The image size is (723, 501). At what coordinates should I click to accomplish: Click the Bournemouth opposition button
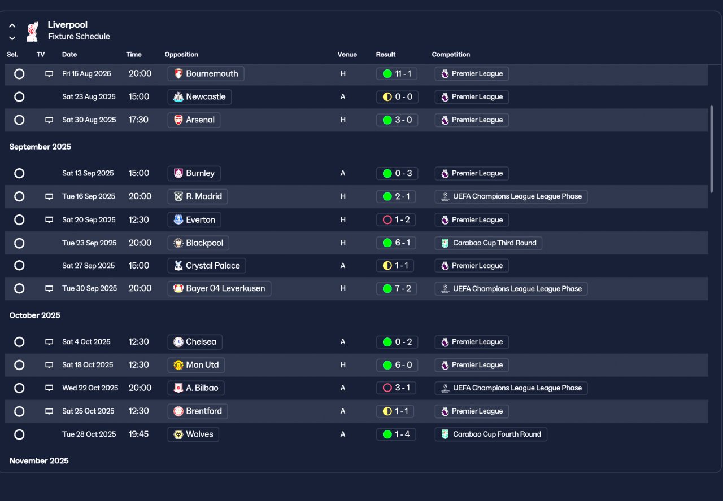[206, 73]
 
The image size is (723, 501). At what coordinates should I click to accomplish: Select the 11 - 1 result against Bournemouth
[397, 73]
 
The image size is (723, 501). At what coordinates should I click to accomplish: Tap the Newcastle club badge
[178, 96]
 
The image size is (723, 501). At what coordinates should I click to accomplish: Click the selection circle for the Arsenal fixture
[19, 120]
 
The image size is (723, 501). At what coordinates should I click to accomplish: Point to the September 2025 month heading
[40, 147]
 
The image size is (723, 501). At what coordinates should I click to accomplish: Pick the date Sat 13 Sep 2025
[88, 173]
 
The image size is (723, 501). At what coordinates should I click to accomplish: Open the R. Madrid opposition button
[198, 196]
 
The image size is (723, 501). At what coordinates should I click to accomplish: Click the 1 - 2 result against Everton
[396, 219]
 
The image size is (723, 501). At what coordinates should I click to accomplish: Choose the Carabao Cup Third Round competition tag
[489, 243]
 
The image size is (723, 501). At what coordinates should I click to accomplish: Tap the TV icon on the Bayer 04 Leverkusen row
[49, 288]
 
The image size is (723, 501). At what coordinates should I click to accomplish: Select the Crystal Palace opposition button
[207, 266]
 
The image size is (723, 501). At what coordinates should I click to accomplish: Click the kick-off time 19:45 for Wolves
[138, 434]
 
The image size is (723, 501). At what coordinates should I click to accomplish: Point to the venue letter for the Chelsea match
[343, 342]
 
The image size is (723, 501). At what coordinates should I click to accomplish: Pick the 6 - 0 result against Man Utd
[397, 365]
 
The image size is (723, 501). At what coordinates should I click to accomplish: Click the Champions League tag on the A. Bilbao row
[511, 388]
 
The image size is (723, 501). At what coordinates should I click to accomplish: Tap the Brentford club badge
[178, 411]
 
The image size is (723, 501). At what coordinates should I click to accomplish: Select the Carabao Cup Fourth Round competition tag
[491, 434]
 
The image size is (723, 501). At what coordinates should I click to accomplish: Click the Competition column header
[451, 55]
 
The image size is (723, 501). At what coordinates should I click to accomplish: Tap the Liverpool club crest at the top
[33, 31]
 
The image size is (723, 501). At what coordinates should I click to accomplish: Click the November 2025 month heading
[39, 461]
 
